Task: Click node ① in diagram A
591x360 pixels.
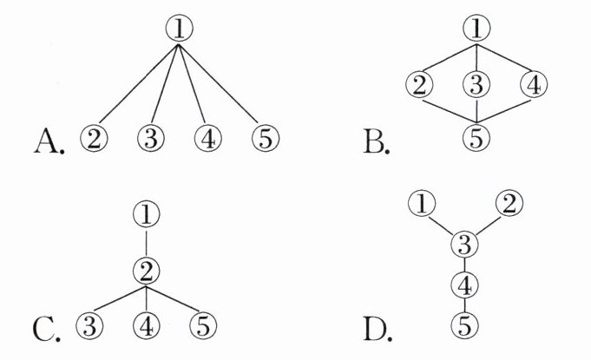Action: pyautogui.click(x=178, y=29)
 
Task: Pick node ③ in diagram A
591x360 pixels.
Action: pyautogui.click(x=151, y=138)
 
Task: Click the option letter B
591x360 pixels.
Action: pyautogui.click(x=376, y=139)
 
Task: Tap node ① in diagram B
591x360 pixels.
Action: pyautogui.click(x=476, y=29)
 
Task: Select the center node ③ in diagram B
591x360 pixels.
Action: pyautogui.click(x=476, y=85)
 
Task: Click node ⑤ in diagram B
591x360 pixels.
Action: pyautogui.click(x=476, y=136)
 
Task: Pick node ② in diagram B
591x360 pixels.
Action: pyautogui.click(x=419, y=85)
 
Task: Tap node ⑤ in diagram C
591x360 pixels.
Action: pyautogui.click(x=203, y=326)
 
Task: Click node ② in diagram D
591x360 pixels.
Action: pyautogui.click(x=509, y=205)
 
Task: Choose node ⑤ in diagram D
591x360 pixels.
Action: pyautogui.click(x=465, y=326)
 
